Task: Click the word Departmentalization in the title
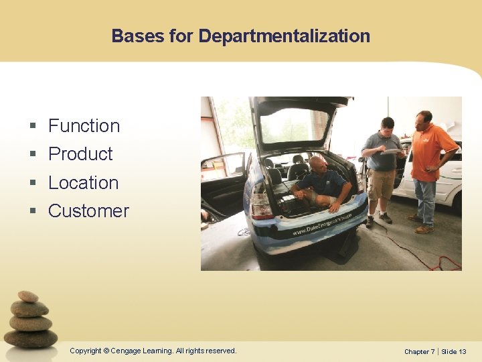(284, 36)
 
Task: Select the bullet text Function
(84, 125)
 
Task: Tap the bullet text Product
(80, 154)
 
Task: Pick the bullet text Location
(83, 182)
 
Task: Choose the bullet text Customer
(88, 210)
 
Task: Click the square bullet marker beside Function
(33, 126)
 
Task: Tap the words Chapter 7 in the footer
(419, 351)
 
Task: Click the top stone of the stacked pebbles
(28, 296)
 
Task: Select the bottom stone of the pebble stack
(31, 339)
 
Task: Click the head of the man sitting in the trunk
(318, 164)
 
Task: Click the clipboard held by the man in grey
(392, 152)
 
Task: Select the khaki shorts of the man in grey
(382, 184)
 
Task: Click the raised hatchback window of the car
(299, 125)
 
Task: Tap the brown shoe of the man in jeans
(423, 229)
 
